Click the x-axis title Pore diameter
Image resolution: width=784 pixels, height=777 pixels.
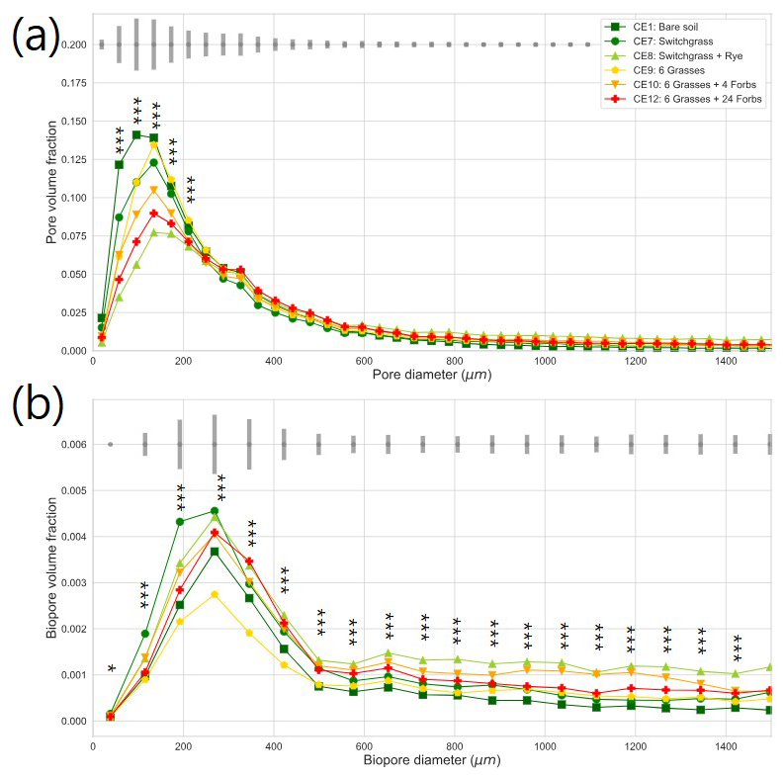[432, 376]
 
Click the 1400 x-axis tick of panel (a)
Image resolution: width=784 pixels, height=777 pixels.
[725, 363]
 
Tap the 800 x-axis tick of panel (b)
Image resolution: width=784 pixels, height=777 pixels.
[454, 745]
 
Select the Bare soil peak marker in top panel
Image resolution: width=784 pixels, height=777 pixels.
[136, 134]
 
